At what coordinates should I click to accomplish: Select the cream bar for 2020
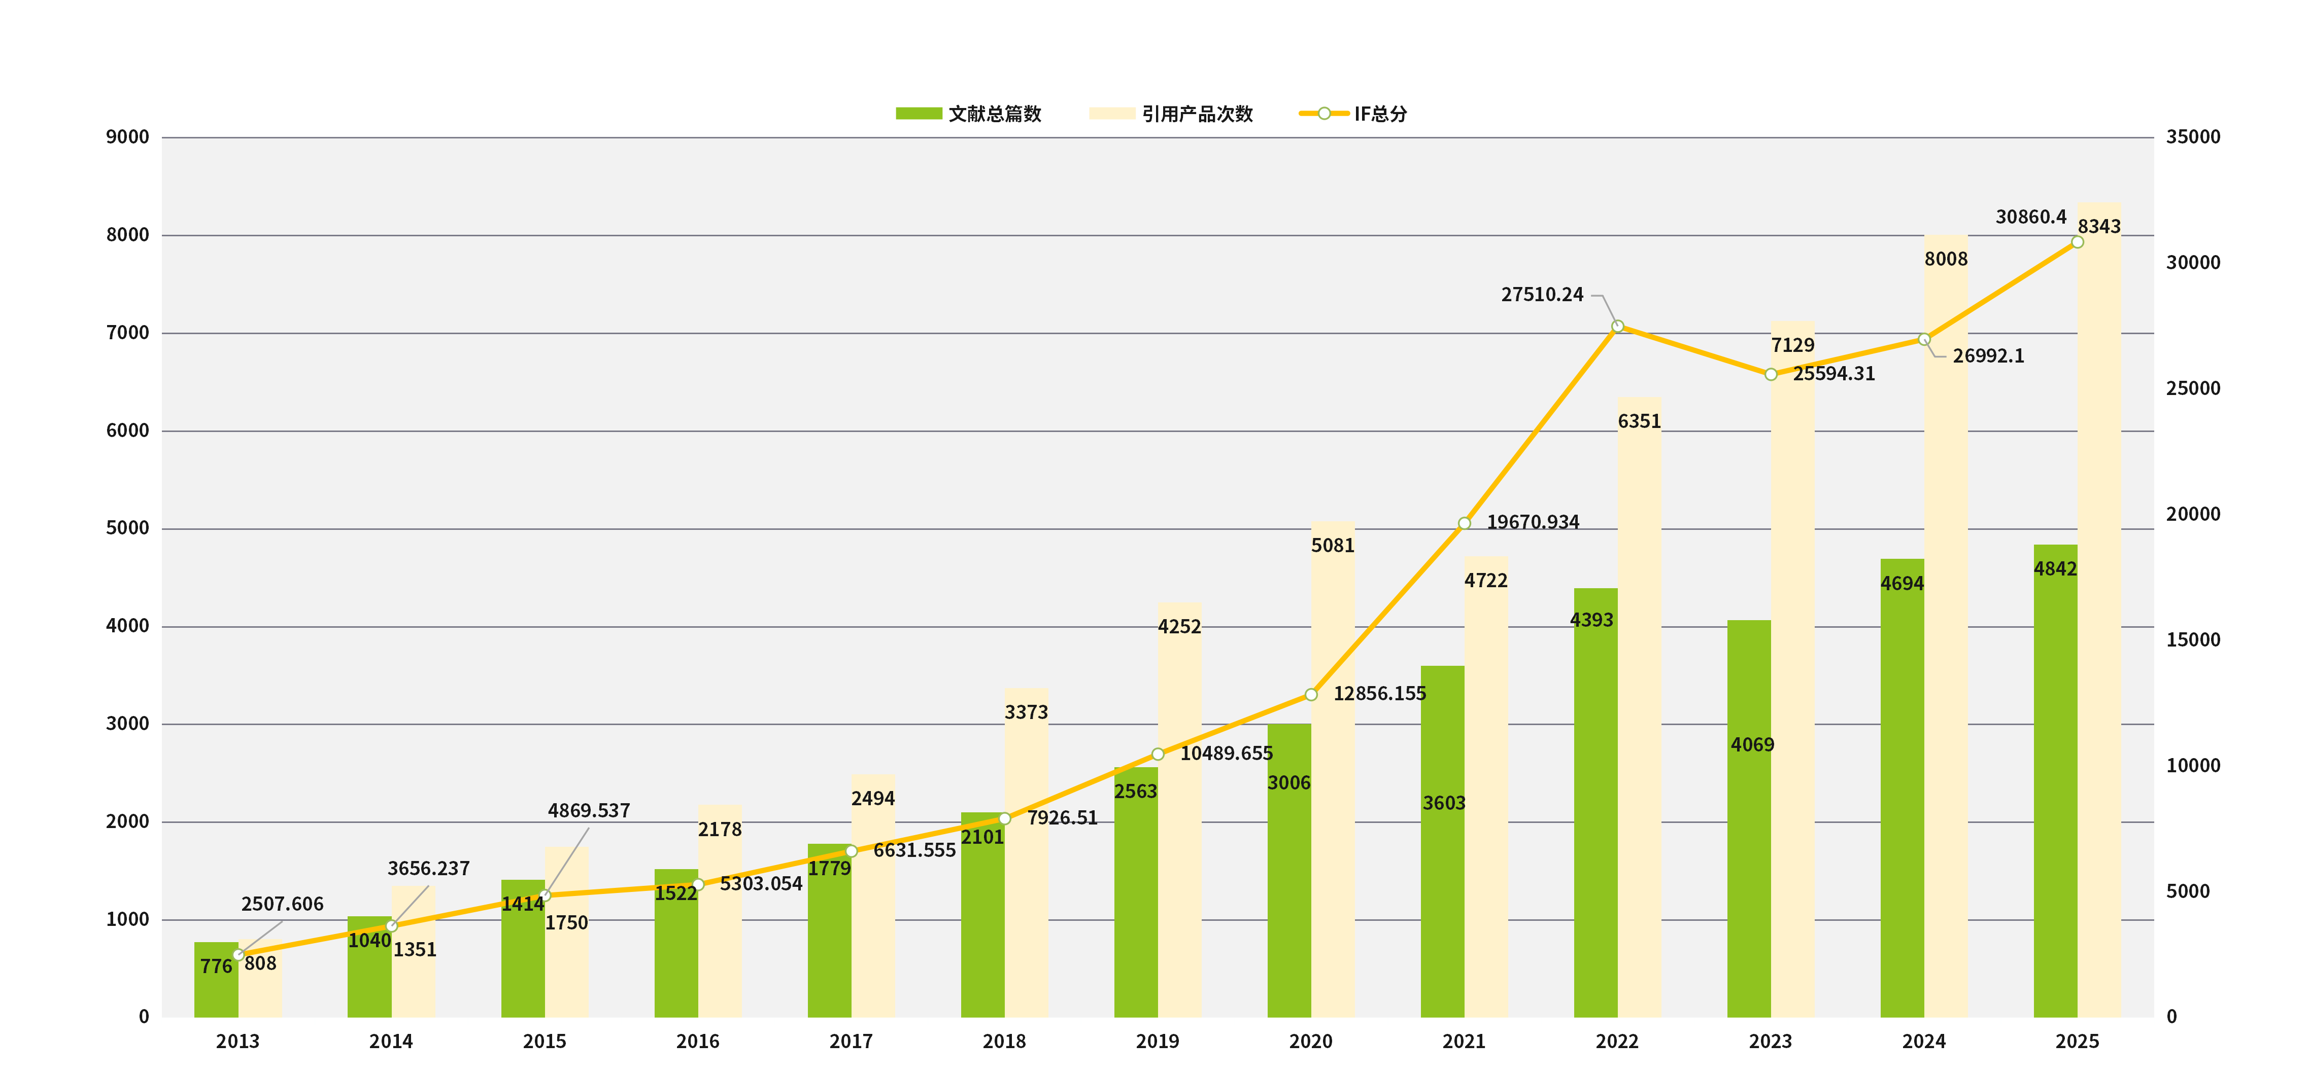pos(1333,771)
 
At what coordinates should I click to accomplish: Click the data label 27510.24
pos(1542,295)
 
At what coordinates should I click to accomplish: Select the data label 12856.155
pos(1379,694)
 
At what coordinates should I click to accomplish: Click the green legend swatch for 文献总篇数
pos(919,114)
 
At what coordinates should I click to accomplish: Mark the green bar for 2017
pos(829,932)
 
